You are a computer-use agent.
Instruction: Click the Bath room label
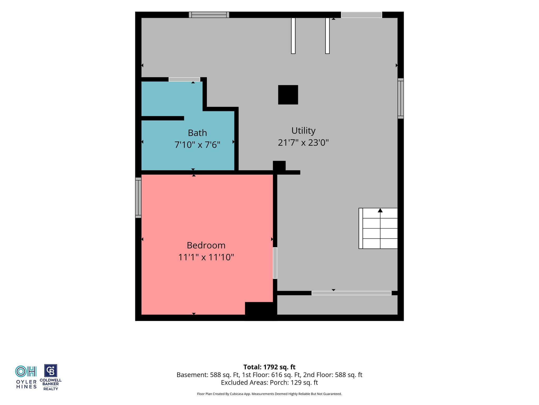(197, 133)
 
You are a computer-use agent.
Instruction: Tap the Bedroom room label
(206, 245)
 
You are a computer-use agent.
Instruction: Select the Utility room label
(303, 131)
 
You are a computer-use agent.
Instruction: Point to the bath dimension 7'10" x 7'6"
(197, 144)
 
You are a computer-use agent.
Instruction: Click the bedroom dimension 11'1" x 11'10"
(206, 257)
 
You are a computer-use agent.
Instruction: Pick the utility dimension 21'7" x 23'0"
(303, 143)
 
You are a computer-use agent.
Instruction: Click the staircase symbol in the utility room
(378, 228)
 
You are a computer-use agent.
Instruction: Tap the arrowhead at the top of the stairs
(380, 210)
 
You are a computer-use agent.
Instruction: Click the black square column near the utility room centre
(288, 95)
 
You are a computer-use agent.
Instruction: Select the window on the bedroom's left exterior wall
(138, 197)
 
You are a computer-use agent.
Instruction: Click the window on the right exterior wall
(401, 98)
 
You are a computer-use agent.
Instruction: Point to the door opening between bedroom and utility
(275, 263)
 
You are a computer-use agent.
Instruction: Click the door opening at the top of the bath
(184, 79)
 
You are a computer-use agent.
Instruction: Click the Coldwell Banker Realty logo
(51, 377)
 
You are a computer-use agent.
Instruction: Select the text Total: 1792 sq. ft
(269, 367)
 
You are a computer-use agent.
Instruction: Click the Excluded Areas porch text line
(269, 383)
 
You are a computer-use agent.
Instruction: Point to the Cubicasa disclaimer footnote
(269, 394)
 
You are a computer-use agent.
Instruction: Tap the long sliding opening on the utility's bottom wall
(351, 293)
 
